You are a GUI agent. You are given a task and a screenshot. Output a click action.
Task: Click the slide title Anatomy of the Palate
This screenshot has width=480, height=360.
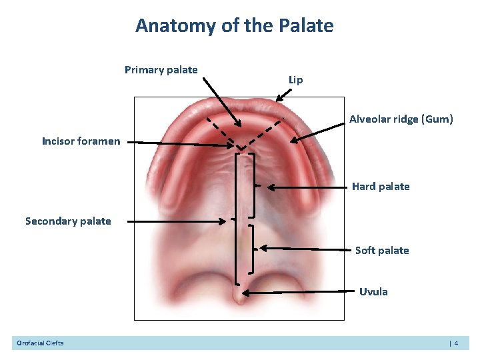click(234, 26)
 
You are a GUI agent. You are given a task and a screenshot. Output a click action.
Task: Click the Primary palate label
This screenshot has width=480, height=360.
click(161, 70)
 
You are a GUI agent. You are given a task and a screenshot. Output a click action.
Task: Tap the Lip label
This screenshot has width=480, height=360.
click(295, 80)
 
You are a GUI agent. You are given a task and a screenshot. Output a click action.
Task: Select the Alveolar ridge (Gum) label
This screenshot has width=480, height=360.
click(401, 119)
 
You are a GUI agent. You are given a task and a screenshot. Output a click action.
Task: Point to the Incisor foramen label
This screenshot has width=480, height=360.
click(81, 141)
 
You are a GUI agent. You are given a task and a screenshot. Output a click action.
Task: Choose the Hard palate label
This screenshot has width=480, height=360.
click(380, 187)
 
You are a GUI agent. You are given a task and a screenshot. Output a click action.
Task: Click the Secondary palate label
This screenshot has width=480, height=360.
click(68, 221)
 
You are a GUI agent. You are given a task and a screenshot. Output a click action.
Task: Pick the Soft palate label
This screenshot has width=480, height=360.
click(381, 251)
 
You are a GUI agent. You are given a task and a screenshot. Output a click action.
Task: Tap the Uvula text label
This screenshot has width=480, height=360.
click(373, 292)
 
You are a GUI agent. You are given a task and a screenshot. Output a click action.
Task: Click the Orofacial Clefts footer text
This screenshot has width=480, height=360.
click(40, 343)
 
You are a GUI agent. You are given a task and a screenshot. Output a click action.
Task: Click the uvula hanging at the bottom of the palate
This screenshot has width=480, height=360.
click(238, 294)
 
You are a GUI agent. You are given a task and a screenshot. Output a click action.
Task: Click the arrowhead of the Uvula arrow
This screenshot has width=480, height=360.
click(245, 293)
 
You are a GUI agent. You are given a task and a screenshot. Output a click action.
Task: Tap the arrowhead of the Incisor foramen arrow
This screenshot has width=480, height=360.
click(231, 145)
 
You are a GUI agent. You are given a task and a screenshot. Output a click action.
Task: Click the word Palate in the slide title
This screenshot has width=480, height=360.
click(307, 26)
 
